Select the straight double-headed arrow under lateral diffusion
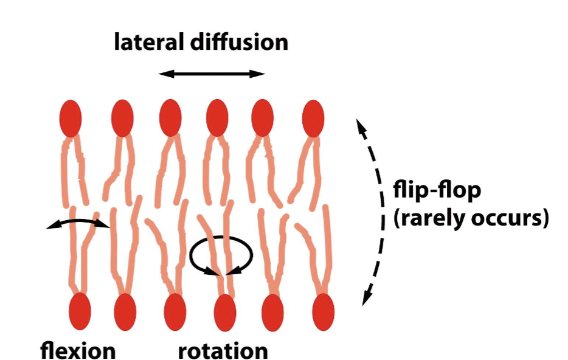click(x=212, y=74)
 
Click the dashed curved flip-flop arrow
click(x=379, y=210)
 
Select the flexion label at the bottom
click(x=78, y=351)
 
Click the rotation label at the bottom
click(x=223, y=351)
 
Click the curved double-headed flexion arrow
click(x=78, y=223)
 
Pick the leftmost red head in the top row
click(x=71, y=119)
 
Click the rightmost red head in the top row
click(x=313, y=119)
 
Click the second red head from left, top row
click(x=122, y=119)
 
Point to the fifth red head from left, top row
click(x=263, y=119)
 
